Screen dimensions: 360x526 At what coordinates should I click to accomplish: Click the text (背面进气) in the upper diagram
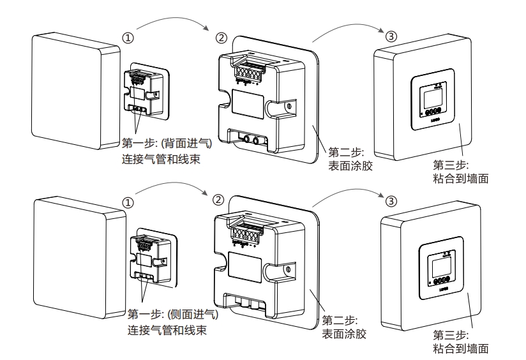(x=189, y=144)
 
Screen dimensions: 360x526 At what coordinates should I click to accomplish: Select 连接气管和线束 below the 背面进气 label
(x=166, y=160)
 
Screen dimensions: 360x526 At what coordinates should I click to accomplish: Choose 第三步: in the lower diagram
(x=451, y=334)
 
